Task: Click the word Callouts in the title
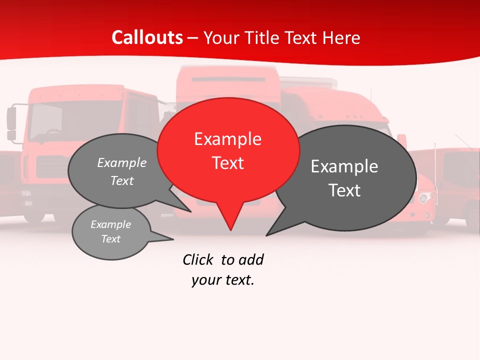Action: [x=147, y=37]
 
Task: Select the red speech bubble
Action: [x=228, y=150]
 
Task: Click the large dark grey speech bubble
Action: [x=345, y=177]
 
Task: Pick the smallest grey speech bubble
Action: [x=111, y=232]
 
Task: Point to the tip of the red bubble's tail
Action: [x=230, y=230]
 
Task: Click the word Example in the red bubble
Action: [x=228, y=139]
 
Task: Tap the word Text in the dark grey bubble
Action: [x=345, y=190]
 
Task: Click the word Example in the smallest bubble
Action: [x=111, y=224]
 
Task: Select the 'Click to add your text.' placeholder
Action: [x=223, y=270]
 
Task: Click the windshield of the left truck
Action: [x=75, y=120]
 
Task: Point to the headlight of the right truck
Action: [x=425, y=198]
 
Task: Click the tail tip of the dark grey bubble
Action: [x=266, y=235]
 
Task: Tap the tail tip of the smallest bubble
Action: [x=173, y=239]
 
